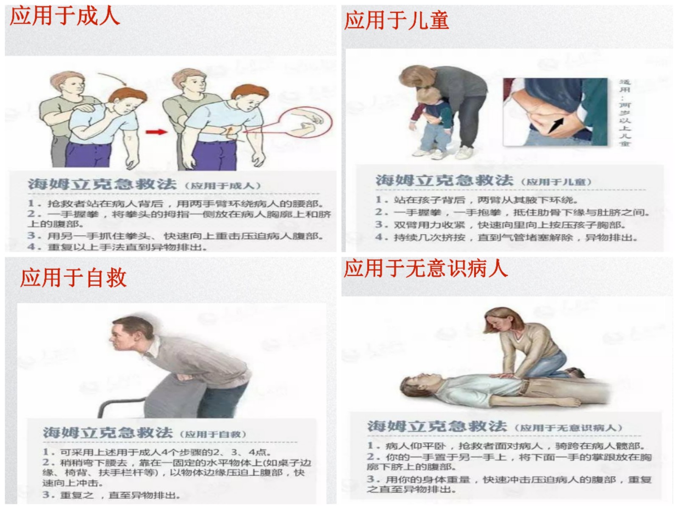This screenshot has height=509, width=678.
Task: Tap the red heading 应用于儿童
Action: point(396,20)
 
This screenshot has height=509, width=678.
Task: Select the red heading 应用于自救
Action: point(73,278)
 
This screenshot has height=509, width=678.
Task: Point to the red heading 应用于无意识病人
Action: point(425,268)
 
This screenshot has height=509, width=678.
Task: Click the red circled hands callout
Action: point(306,122)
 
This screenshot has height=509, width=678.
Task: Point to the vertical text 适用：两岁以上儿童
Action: point(625,112)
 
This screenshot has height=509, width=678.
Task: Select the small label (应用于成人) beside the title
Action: point(223,186)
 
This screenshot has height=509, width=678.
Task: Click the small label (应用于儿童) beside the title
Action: point(556,182)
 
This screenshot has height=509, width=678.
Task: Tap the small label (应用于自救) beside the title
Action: point(213,434)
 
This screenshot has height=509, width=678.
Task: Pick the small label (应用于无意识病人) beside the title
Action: point(568,428)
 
